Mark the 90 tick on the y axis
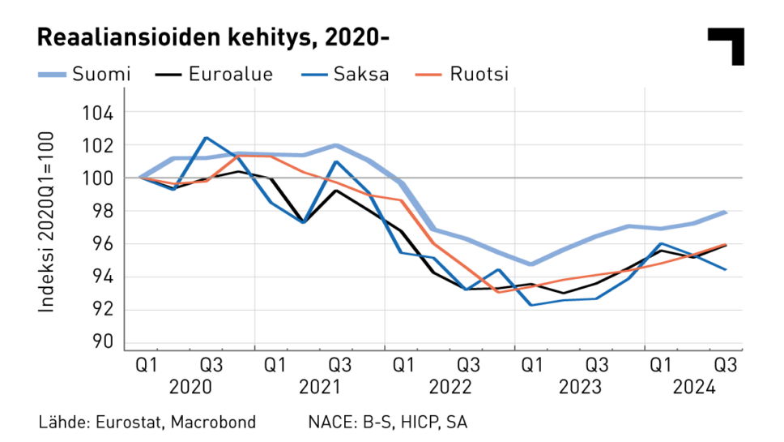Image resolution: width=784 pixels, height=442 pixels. pyautogui.click(x=103, y=342)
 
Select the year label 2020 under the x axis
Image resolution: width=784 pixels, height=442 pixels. pyautogui.click(x=190, y=387)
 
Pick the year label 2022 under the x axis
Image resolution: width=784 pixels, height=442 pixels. pyautogui.click(x=450, y=387)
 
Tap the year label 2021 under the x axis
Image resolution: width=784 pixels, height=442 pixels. pyautogui.click(x=320, y=387)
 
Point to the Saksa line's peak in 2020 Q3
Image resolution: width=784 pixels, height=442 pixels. pyautogui.click(x=206, y=138)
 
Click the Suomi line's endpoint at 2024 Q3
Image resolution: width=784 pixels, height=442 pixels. pyautogui.click(x=725, y=212)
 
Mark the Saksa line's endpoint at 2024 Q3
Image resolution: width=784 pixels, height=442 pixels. pyautogui.click(x=725, y=269)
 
